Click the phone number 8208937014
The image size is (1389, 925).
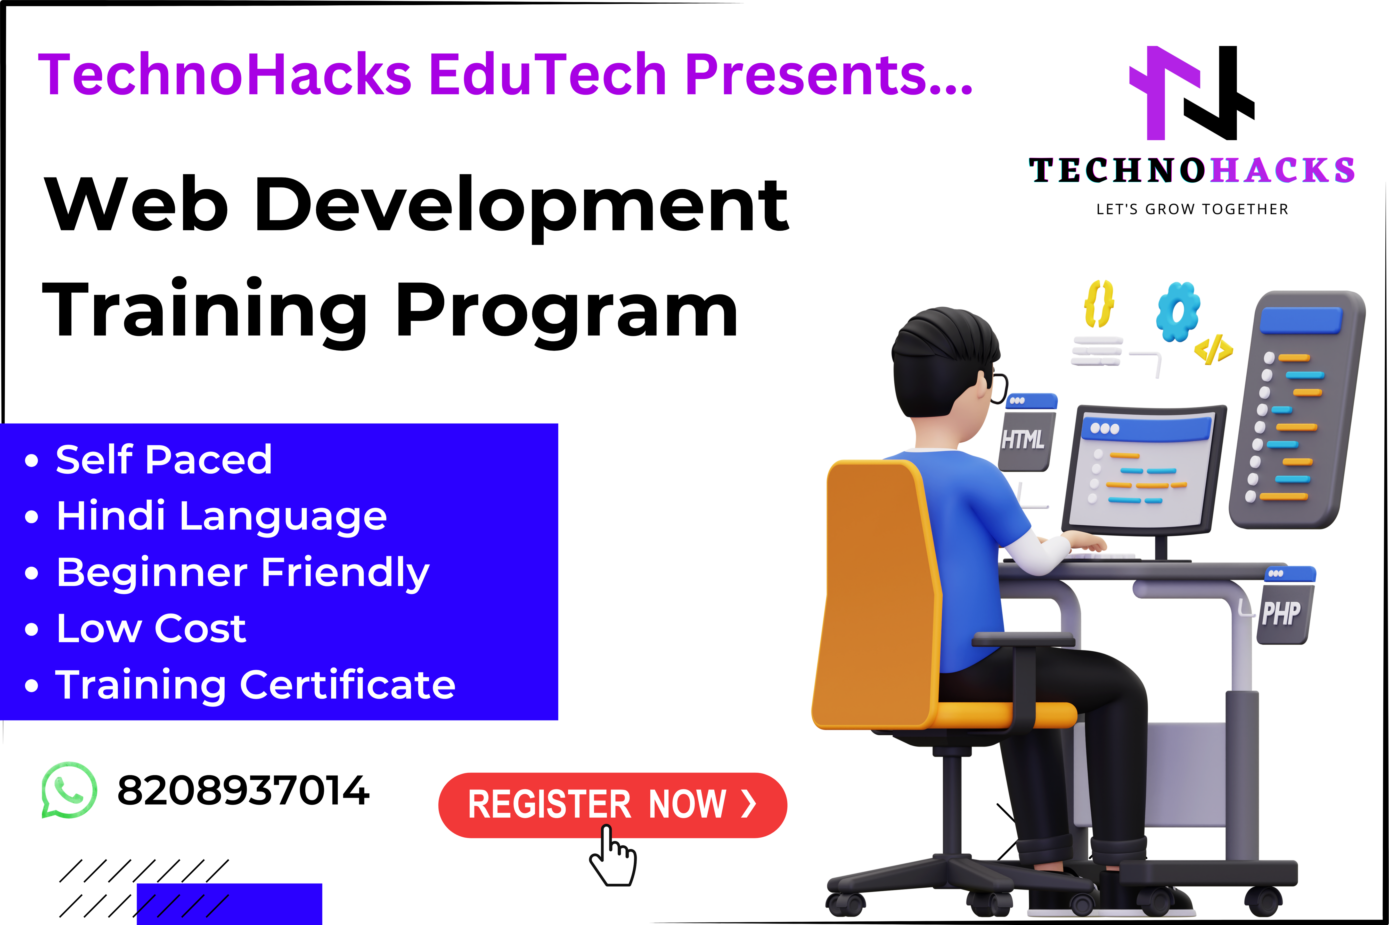point(243,791)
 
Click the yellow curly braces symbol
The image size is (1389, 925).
point(1099,304)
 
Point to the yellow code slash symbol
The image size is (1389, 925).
point(1213,350)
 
